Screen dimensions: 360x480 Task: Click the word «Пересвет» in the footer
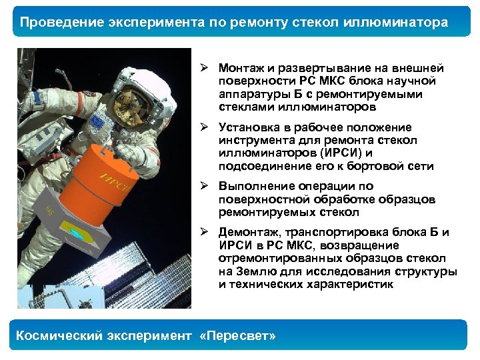click(237, 336)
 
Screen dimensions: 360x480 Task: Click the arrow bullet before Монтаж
click(209, 68)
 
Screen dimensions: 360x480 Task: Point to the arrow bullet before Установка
click(209, 127)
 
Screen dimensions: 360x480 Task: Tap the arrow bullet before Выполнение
click(209, 185)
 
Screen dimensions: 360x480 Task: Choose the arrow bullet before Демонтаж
click(209, 232)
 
